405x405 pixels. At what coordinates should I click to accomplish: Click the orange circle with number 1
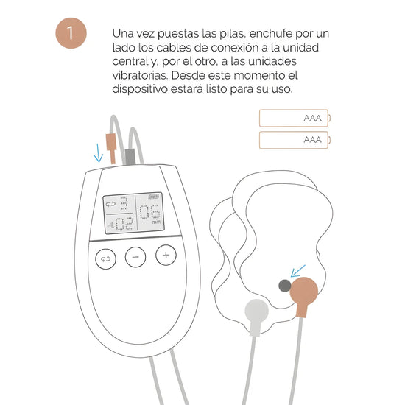tap(71, 33)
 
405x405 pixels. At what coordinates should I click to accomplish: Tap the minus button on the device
tap(135, 257)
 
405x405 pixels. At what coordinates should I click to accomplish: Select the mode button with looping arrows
tap(105, 258)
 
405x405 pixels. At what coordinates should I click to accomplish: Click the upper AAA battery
tap(295, 119)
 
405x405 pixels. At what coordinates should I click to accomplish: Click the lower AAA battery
tap(295, 140)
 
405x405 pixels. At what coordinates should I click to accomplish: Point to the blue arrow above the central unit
tap(98, 153)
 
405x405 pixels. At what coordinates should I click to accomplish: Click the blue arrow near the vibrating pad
tap(297, 271)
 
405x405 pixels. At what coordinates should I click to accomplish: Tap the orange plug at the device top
tap(112, 148)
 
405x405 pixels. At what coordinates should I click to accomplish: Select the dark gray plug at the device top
tap(130, 157)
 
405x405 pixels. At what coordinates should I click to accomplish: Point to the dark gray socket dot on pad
tap(285, 286)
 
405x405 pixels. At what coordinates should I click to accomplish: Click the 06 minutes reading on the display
tap(150, 212)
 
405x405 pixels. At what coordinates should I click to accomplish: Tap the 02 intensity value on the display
tap(124, 224)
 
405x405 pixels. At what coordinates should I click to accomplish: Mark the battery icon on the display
tap(153, 197)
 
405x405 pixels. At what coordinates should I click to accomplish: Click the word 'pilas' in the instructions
tap(231, 34)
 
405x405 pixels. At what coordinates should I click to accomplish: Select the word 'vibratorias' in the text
tap(140, 75)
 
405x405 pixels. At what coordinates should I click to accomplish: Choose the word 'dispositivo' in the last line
tap(140, 89)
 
